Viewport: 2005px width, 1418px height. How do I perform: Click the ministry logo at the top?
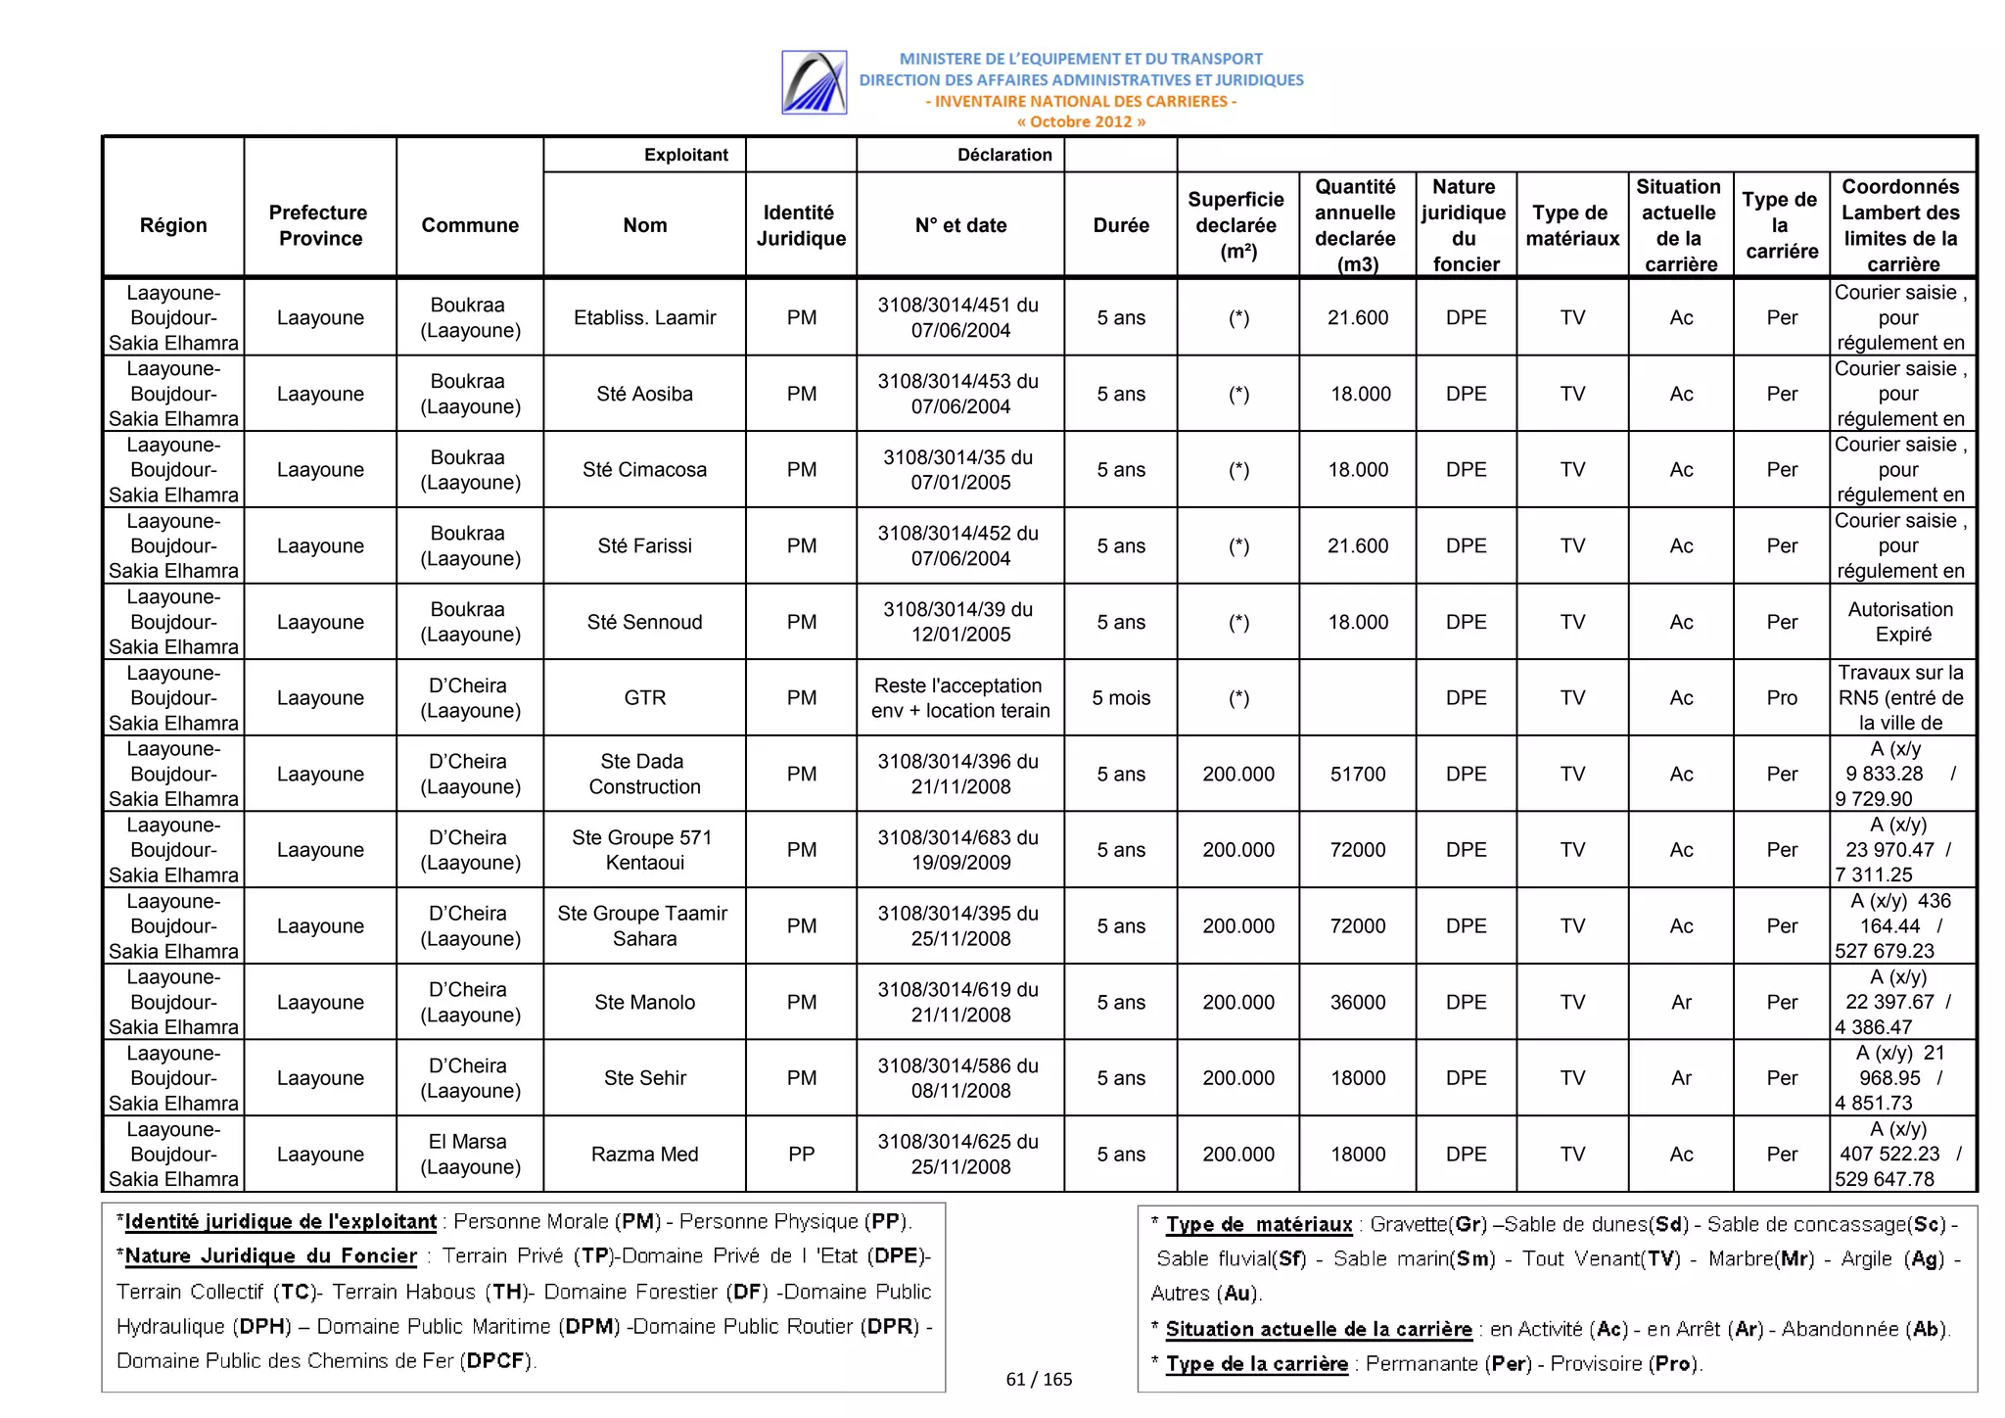tap(814, 82)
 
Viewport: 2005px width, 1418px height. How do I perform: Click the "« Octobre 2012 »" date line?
tap(1081, 122)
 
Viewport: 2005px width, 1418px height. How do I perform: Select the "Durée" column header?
tap(1120, 225)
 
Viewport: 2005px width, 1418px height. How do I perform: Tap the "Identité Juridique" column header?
tap(800, 225)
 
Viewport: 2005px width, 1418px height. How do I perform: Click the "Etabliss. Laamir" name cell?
tap(644, 317)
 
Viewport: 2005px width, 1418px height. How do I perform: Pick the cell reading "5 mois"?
tap(1120, 698)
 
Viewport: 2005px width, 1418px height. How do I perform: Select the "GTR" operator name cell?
tap(644, 698)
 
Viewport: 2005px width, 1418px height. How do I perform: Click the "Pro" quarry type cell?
tap(1781, 698)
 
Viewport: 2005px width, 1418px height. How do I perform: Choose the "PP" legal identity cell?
tap(801, 1155)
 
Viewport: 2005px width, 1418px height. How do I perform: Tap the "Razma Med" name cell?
tap(644, 1155)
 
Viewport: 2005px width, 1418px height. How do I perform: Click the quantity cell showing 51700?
tap(1357, 775)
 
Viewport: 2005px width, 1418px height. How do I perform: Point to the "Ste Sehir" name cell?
tap(644, 1078)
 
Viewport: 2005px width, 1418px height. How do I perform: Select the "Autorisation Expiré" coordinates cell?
tap(1901, 622)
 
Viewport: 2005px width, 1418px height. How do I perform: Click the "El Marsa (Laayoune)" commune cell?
tap(469, 1155)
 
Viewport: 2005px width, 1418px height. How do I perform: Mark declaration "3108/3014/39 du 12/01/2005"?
tap(959, 622)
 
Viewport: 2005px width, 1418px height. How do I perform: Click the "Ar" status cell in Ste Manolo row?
tap(1680, 1003)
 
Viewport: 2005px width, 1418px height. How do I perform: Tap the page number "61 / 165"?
tap(1039, 1380)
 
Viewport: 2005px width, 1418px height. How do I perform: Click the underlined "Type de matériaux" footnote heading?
tap(1258, 1225)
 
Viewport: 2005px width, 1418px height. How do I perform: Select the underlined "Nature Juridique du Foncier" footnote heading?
tap(271, 1256)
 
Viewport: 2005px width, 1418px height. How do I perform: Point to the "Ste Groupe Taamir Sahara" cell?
tap(642, 926)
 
